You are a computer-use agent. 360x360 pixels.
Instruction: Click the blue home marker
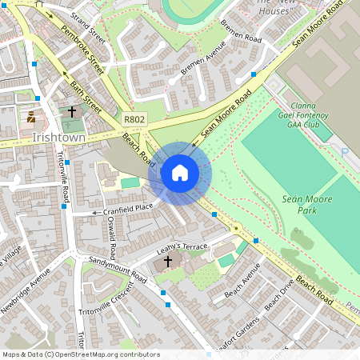point(180,173)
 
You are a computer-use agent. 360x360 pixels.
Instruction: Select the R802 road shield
point(134,118)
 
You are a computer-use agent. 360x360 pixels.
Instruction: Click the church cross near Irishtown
point(72,113)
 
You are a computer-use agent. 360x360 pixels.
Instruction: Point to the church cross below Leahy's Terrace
point(168,262)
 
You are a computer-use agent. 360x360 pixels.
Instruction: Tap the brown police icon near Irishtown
point(31,117)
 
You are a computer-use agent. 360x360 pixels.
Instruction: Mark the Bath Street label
point(88,94)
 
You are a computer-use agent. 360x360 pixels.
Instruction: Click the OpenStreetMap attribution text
point(80,354)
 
